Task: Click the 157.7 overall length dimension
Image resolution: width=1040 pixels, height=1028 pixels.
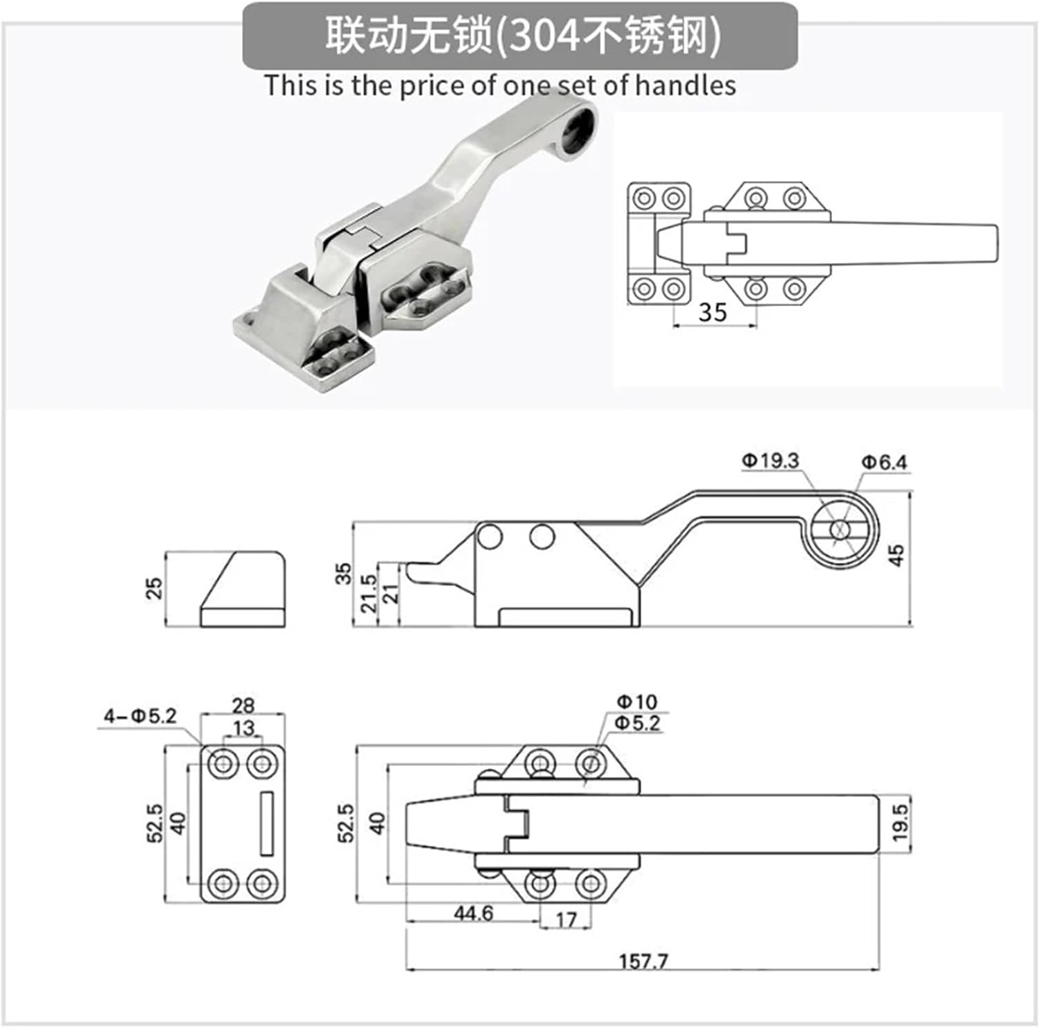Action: pos(643,961)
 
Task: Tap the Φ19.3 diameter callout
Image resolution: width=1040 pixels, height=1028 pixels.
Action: pos(770,461)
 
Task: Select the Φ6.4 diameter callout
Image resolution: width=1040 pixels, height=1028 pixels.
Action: pos(884,462)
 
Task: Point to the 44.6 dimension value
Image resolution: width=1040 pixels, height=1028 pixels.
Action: pos(474,913)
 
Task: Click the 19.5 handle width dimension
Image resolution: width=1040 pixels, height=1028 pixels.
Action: pos(899,823)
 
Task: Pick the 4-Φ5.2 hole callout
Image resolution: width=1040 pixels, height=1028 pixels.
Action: pos(140,716)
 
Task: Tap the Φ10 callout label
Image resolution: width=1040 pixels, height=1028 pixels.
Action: pos(636,702)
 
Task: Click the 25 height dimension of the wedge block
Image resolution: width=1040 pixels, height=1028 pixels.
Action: pos(155,588)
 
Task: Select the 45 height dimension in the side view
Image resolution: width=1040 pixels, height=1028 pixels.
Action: pos(896,555)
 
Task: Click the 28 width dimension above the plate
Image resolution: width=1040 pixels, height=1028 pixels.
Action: pos(243,705)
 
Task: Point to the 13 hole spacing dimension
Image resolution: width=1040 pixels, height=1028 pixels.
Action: pos(243,728)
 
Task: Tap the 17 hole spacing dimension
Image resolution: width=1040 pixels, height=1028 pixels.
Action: pos(566,920)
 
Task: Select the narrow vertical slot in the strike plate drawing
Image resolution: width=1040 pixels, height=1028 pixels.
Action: pos(267,823)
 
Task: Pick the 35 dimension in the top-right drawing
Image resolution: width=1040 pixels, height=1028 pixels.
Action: pos(712,313)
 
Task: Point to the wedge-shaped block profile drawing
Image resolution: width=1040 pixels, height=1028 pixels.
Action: pos(243,589)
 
